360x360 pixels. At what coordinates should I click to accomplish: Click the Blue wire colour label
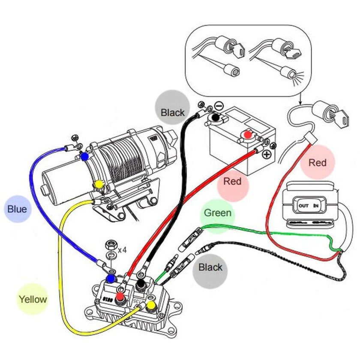click(x=17, y=209)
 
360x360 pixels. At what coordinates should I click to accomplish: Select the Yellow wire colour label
click(x=33, y=299)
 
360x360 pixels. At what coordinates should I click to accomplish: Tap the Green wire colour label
click(x=218, y=213)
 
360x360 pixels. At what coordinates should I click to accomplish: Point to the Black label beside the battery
click(x=173, y=113)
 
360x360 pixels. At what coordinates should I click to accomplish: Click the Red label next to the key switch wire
click(x=317, y=162)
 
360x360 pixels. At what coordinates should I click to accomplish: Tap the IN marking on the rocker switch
click(x=316, y=206)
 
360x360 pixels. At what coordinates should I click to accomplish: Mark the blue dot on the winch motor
click(x=85, y=157)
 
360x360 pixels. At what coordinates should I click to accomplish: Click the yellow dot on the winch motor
click(x=99, y=184)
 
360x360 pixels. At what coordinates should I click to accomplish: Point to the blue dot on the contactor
click(x=111, y=279)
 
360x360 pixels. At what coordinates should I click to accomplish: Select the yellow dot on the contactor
click(x=151, y=306)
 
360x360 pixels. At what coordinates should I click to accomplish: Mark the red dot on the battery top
click(x=247, y=135)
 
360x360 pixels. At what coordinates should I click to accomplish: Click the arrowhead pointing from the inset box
click(x=300, y=103)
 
